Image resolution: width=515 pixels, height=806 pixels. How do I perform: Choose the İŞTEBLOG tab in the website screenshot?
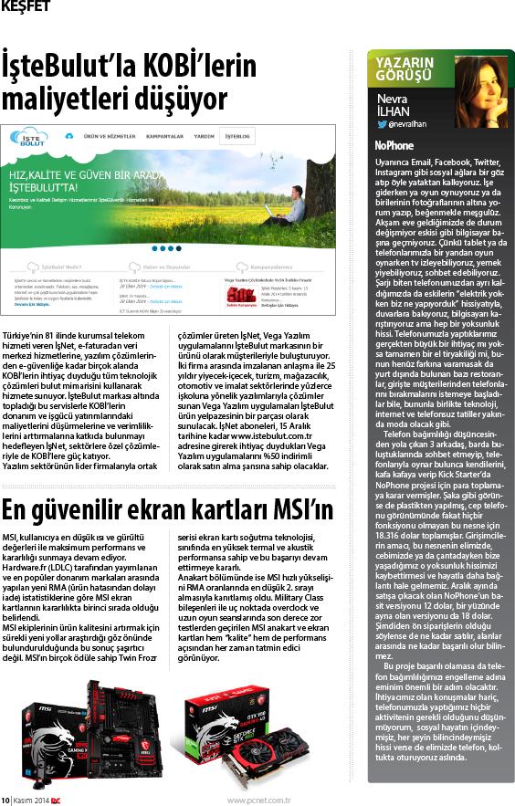239,135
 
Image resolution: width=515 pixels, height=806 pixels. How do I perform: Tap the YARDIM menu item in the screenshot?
205,135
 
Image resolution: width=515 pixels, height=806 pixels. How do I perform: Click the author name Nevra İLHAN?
394,99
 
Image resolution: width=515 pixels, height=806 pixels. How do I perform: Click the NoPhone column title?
394,145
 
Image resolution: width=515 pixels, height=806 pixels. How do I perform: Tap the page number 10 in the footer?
5,796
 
